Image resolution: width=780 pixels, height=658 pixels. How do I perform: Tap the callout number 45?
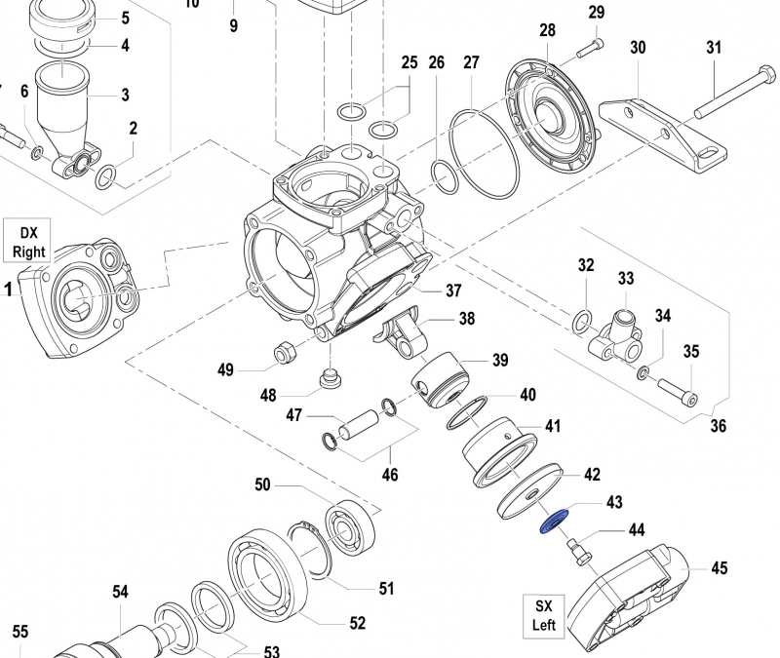(x=720, y=567)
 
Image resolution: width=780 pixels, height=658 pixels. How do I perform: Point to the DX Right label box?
(x=28, y=242)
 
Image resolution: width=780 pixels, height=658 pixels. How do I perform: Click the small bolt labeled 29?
(x=589, y=46)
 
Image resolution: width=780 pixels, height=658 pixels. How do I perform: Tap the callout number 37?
(x=453, y=290)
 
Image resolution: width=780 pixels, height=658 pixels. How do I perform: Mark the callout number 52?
(x=358, y=623)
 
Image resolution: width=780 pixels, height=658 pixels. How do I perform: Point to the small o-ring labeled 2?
(x=107, y=176)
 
